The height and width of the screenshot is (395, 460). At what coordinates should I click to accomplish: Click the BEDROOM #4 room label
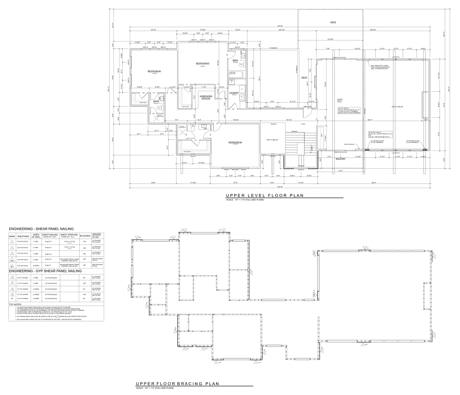coord(154,71)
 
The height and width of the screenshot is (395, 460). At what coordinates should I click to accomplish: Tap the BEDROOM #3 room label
coord(202,63)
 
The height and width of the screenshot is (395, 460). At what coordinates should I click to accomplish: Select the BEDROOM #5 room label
coord(235,143)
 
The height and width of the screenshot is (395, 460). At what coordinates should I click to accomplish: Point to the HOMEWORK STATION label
coord(206,97)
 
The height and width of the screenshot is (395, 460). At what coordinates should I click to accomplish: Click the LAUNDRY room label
coord(234,93)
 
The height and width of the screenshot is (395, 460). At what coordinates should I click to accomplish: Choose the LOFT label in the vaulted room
coord(339,100)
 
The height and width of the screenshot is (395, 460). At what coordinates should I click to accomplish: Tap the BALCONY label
coord(340,159)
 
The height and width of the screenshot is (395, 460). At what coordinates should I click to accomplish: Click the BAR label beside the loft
coord(321,136)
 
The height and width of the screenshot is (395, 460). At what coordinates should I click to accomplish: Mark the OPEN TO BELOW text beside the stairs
coord(272,140)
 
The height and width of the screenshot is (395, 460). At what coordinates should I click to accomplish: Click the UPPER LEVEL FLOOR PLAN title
coord(264,196)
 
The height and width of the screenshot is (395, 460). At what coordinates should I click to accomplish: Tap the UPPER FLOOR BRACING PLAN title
coord(177,384)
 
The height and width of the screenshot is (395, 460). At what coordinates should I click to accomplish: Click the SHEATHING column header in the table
coord(23,236)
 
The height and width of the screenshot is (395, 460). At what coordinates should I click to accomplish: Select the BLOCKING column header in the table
coord(85,236)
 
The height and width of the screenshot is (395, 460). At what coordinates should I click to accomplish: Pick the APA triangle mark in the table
coord(12,259)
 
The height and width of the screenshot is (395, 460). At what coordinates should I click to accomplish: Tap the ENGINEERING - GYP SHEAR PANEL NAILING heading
coord(45,271)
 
